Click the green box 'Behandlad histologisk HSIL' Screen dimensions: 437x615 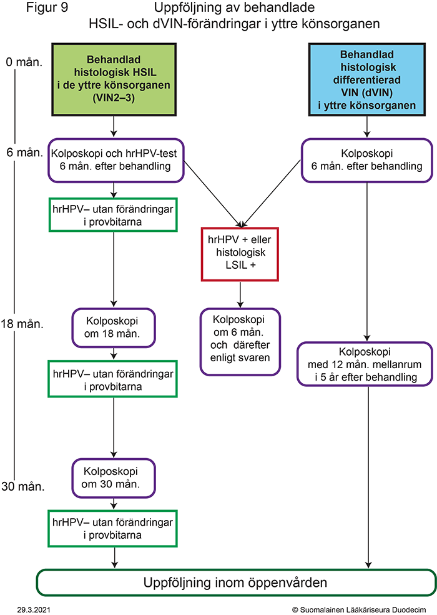[114, 79]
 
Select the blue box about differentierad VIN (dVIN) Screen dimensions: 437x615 [367, 79]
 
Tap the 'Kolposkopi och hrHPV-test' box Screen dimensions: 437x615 [116, 160]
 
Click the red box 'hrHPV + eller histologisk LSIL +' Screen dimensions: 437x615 [240, 254]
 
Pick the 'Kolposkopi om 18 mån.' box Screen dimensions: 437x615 [114, 327]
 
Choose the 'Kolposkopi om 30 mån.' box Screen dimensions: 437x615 [114, 478]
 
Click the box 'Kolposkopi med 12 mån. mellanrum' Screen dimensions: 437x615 [365, 364]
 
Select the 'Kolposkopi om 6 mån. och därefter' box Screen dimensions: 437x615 [240, 342]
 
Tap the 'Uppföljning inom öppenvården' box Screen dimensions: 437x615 [236, 582]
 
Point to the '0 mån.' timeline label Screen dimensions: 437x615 [24, 62]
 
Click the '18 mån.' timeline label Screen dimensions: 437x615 [22, 324]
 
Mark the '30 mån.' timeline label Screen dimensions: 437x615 [22, 486]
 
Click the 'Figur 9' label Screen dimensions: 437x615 [47, 7]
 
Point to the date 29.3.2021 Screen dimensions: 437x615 [34, 609]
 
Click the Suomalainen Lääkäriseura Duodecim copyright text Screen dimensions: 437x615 [359, 609]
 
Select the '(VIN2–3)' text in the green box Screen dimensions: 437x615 [114, 97]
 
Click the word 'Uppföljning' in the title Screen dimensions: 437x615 [185, 8]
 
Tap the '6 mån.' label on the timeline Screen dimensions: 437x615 [24, 152]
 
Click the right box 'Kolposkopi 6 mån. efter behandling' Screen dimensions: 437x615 [367, 160]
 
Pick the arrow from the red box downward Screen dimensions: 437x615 [240, 294]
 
